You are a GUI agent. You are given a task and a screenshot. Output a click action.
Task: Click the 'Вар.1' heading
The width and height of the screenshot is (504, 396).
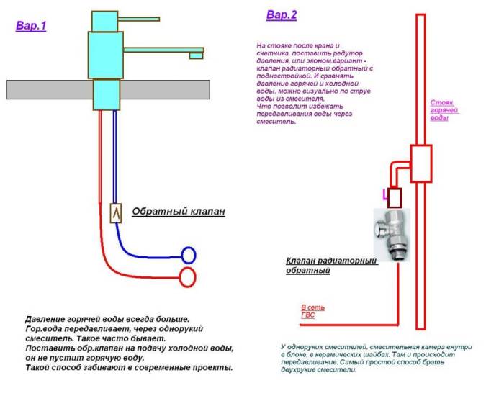[31, 26]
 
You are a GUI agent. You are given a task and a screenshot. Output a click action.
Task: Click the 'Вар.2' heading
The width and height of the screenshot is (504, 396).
[281, 14]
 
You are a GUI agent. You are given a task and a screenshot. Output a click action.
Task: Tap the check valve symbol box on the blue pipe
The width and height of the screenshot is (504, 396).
[115, 214]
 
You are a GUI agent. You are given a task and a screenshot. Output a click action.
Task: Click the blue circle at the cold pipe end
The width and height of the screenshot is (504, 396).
[189, 254]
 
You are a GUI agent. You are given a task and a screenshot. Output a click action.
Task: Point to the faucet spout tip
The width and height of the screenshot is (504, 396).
[198, 55]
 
